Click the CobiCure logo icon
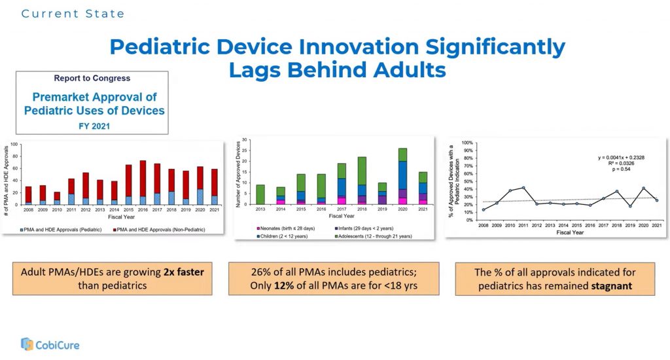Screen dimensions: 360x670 (27, 344)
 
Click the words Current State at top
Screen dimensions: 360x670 (73, 13)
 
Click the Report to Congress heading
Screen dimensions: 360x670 (92, 79)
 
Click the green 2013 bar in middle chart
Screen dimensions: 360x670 (260, 194)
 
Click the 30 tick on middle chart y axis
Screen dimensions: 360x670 (244, 139)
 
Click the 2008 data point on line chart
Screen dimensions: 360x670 (484, 209)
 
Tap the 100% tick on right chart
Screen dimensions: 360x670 (467, 143)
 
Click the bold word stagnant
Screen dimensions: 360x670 (612, 287)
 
